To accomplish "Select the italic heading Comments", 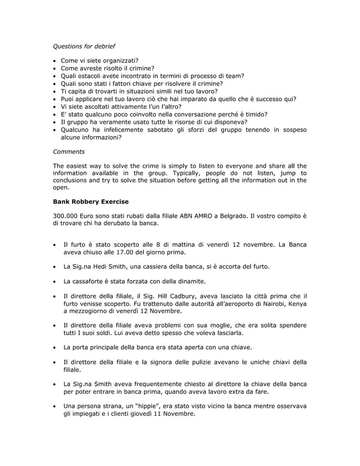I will pyautogui.click(x=68, y=151).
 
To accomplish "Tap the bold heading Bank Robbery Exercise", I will pyautogui.click(x=90, y=201).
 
